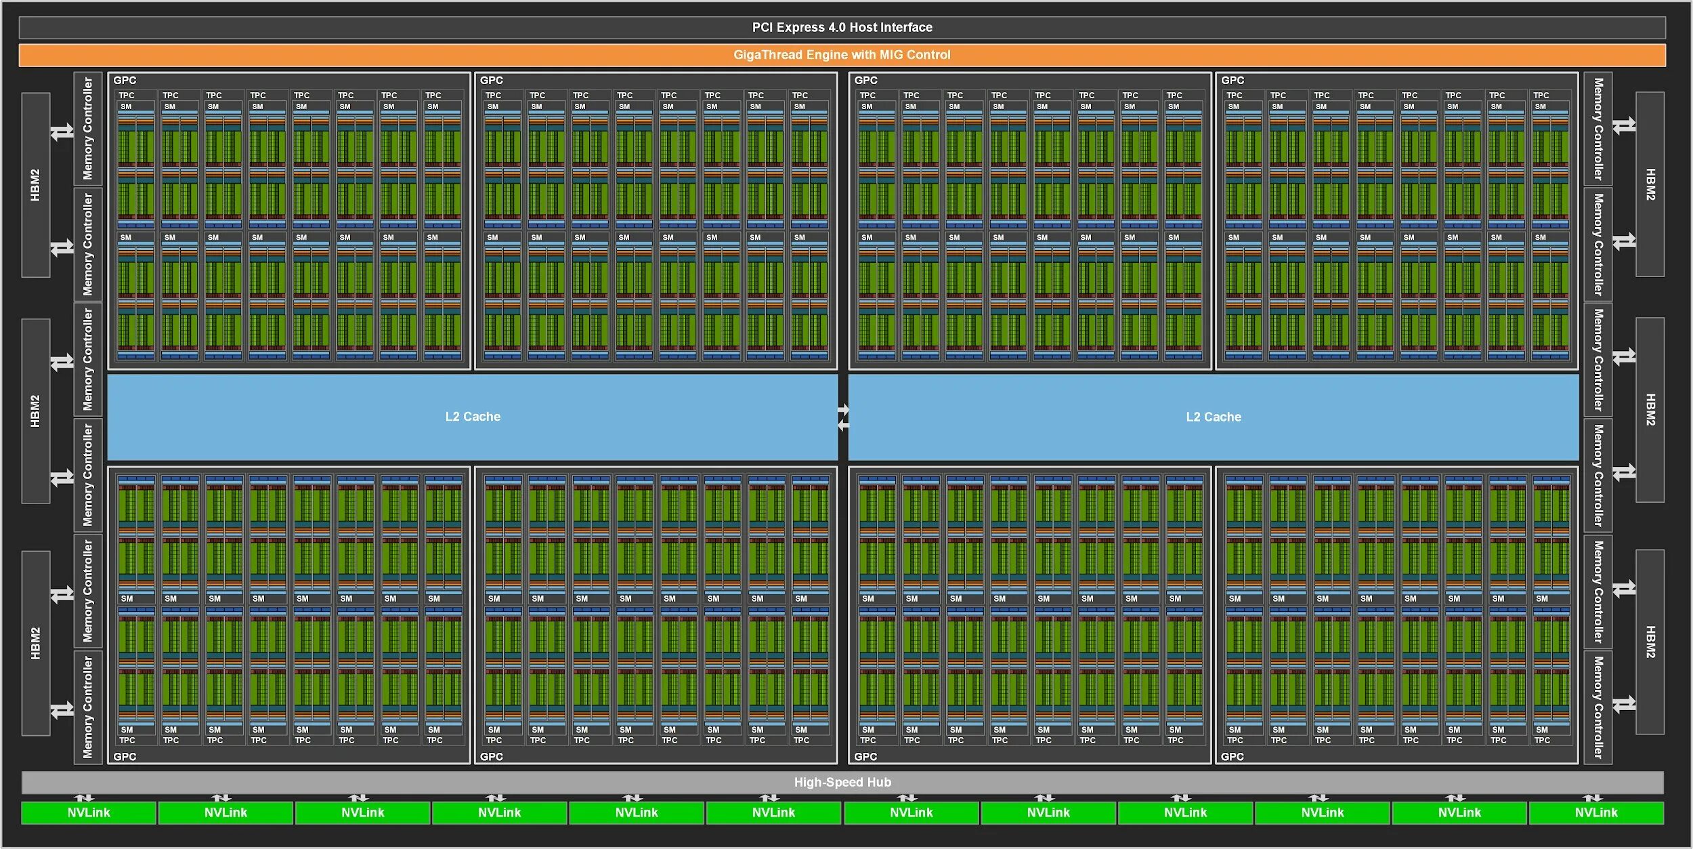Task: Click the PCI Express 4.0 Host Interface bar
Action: [x=842, y=28]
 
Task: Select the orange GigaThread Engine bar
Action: [x=842, y=56]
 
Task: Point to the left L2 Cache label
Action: [x=473, y=417]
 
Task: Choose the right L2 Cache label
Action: [x=1213, y=417]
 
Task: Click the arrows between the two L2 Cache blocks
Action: [x=843, y=417]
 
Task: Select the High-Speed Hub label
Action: [x=842, y=782]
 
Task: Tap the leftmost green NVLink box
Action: [x=89, y=812]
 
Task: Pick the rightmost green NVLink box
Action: [x=1595, y=812]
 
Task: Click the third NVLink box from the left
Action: [x=362, y=812]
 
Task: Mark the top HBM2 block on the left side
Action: [x=36, y=185]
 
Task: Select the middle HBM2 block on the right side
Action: [x=1650, y=410]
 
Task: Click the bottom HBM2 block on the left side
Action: [x=36, y=643]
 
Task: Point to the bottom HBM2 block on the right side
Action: [x=1650, y=642]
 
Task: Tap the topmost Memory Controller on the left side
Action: [x=88, y=129]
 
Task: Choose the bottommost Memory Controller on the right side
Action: [x=1598, y=707]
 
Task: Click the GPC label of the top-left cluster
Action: [x=125, y=81]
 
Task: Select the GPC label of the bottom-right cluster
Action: [x=1232, y=756]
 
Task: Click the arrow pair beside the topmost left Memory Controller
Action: [x=62, y=131]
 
